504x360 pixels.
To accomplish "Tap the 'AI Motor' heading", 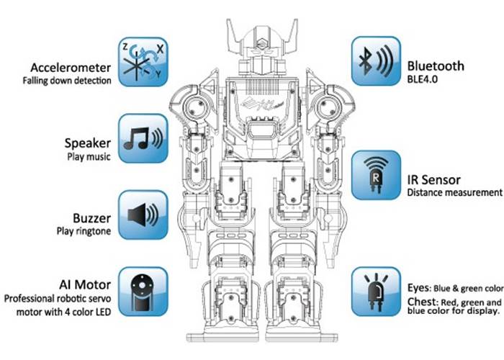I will [x=86, y=284].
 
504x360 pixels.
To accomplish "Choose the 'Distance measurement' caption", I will [x=454, y=193].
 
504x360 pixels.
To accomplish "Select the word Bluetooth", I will [x=435, y=67].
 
